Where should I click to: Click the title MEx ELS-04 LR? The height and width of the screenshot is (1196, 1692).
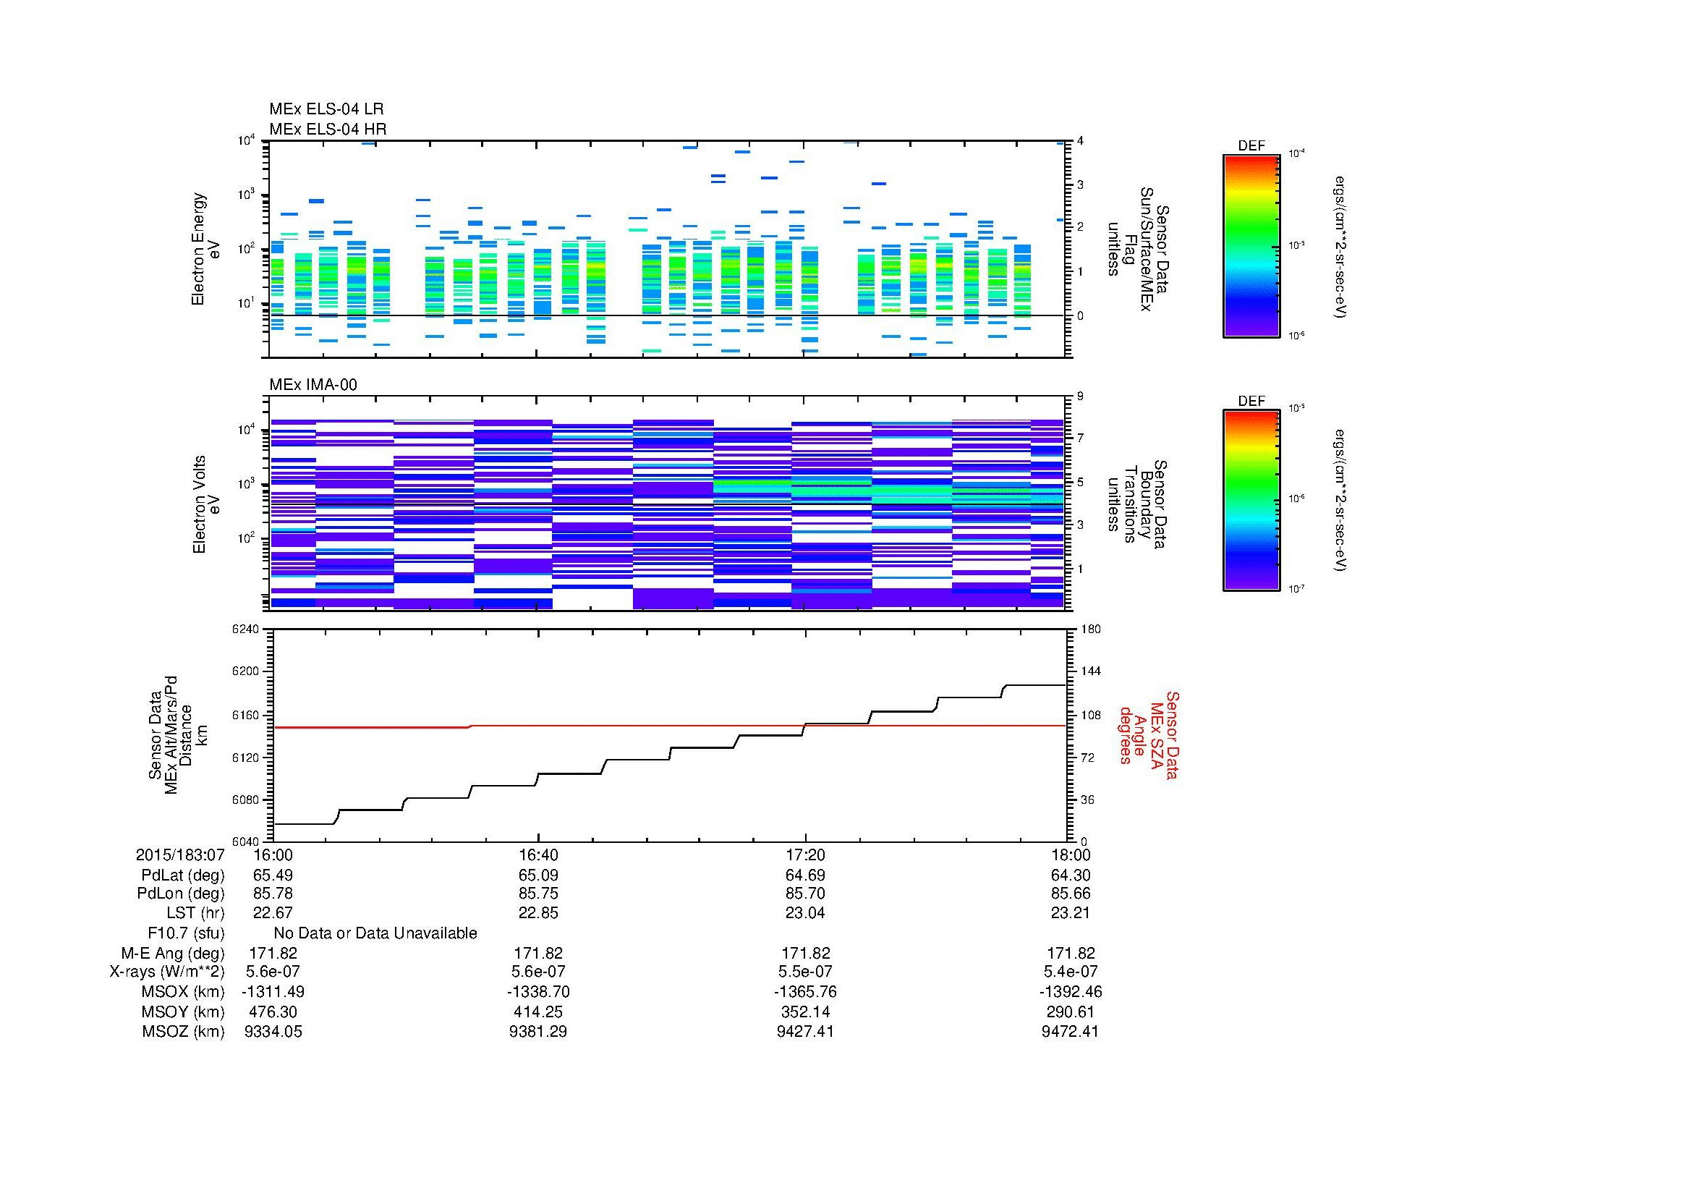(x=326, y=110)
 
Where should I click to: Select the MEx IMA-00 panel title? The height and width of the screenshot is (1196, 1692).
(x=313, y=385)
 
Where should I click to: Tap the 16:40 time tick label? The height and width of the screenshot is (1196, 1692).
(x=538, y=854)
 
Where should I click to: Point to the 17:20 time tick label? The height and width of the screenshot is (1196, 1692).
(x=804, y=854)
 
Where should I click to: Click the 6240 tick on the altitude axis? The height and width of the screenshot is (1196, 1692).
(x=246, y=629)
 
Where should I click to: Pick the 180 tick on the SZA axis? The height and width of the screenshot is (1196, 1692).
(x=1090, y=629)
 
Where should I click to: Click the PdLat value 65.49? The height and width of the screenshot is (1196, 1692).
(x=273, y=875)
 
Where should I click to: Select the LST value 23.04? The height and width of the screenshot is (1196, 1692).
(x=804, y=913)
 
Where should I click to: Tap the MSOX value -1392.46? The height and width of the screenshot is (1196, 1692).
(x=1070, y=992)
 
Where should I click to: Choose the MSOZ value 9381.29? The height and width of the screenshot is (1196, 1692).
(x=538, y=1032)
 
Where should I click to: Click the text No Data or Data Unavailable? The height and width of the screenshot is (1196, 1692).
(x=375, y=933)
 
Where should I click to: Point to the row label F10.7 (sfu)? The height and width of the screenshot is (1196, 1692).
(x=186, y=933)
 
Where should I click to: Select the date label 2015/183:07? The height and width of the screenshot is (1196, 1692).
(x=180, y=854)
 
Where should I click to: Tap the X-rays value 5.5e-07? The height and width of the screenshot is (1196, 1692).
(x=804, y=972)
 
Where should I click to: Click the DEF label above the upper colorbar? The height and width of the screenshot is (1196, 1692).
(x=1251, y=146)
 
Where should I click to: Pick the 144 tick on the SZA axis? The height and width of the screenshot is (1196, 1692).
(x=1090, y=671)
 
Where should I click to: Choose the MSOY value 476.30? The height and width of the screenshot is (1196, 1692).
(x=273, y=1011)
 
